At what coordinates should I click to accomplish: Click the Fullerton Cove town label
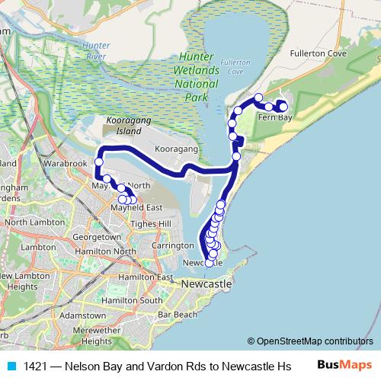(x=319, y=55)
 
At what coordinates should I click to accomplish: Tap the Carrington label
(x=173, y=246)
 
